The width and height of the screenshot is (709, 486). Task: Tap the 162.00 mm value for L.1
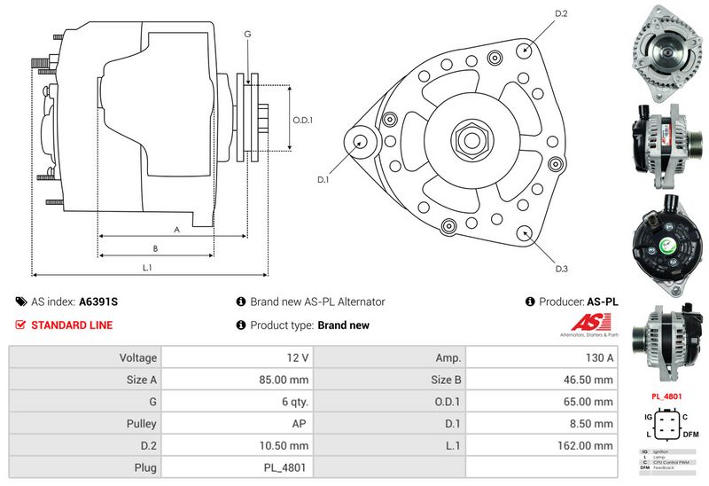tap(586, 446)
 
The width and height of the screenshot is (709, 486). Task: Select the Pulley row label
tap(141, 424)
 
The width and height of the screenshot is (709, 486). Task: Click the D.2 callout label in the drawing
tap(561, 13)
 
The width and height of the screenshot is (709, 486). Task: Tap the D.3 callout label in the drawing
tap(561, 269)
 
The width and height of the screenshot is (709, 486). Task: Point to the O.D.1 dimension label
tap(303, 120)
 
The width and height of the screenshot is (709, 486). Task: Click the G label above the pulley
tap(247, 34)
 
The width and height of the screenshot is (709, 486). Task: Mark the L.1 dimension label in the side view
tap(147, 267)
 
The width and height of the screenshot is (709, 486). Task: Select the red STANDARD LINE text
tap(72, 325)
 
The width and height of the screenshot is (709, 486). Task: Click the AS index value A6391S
tap(98, 302)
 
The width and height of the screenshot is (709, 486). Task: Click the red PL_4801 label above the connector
tap(666, 396)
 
